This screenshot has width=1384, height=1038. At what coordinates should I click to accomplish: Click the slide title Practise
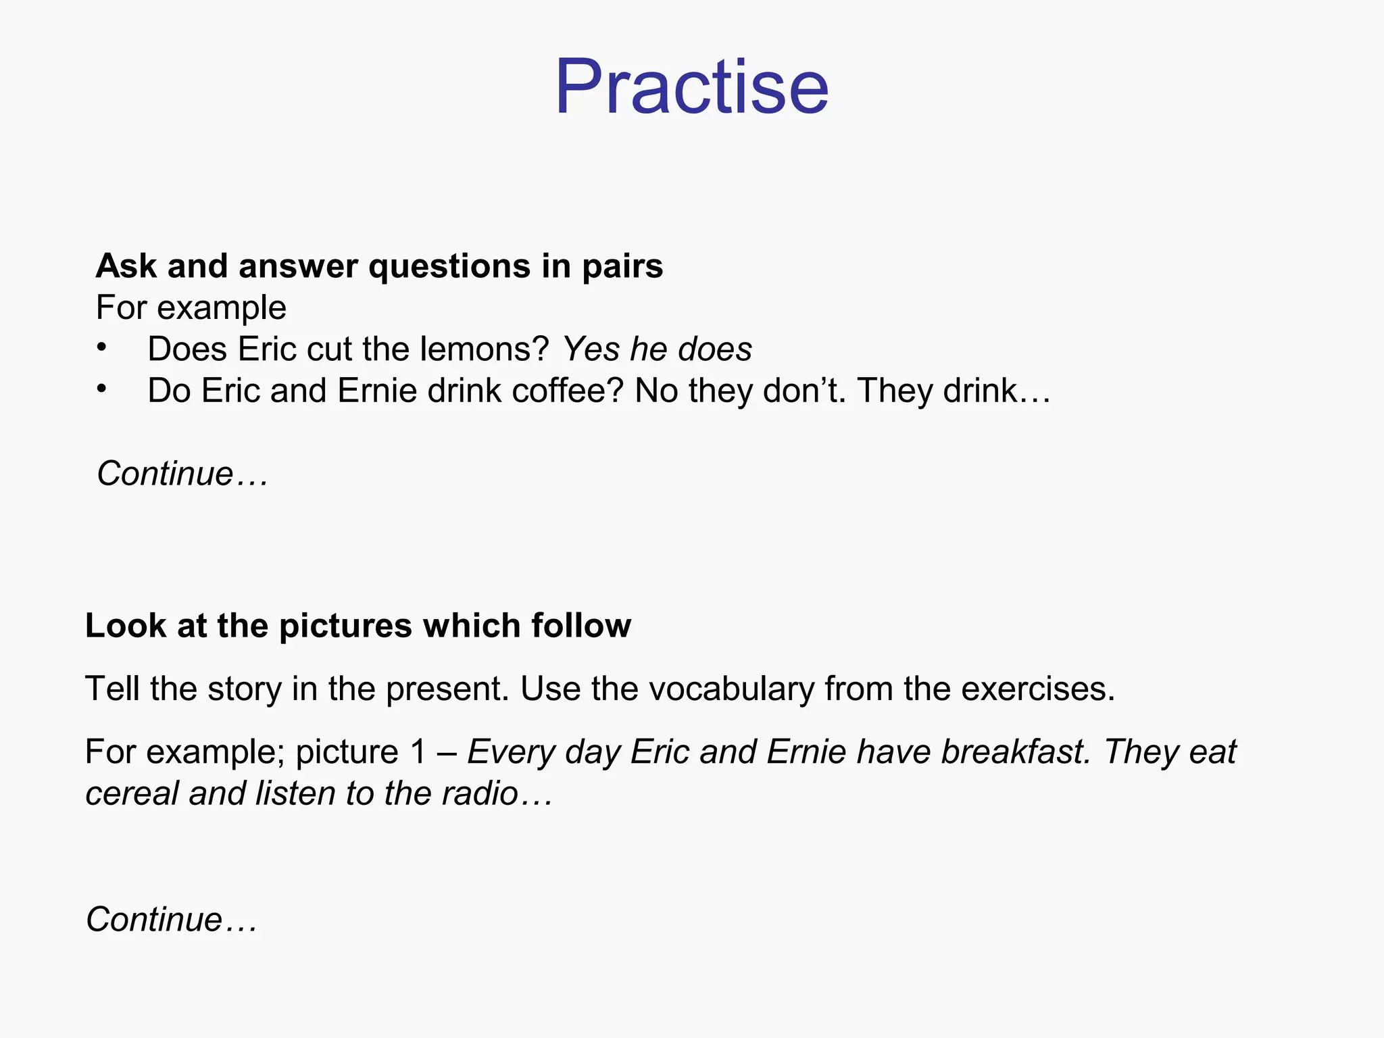691,88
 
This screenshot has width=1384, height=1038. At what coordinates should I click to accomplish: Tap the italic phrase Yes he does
657,349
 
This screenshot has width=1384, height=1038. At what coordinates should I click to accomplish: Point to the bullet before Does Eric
101,348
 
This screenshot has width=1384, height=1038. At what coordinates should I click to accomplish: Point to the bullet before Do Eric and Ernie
101,389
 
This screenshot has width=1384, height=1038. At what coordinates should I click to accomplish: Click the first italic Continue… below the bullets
182,474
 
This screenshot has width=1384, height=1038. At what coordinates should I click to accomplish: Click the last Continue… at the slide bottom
171,920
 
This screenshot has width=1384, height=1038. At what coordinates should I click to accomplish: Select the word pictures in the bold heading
345,626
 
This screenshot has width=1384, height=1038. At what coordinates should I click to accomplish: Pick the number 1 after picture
418,752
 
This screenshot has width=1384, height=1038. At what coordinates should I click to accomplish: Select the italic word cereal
132,793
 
